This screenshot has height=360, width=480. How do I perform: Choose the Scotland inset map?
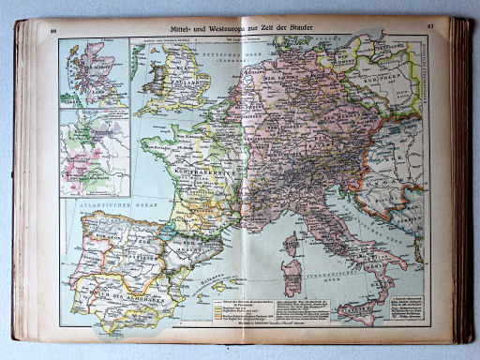[x=93, y=72]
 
